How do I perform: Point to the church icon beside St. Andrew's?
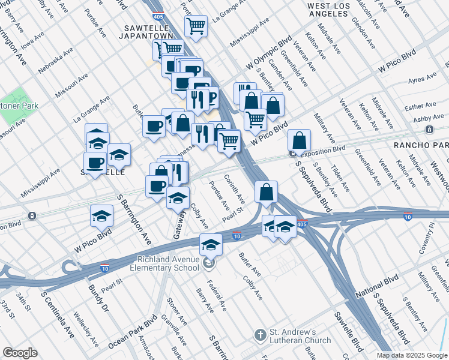[x=260, y=334]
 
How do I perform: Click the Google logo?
[x=20, y=353]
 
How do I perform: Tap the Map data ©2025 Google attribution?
[x=412, y=355]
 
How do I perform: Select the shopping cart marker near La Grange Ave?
[x=196, y=26]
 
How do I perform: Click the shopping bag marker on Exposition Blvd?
[x=299, y=140]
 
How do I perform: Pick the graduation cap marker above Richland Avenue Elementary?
[x=211, y=244]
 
